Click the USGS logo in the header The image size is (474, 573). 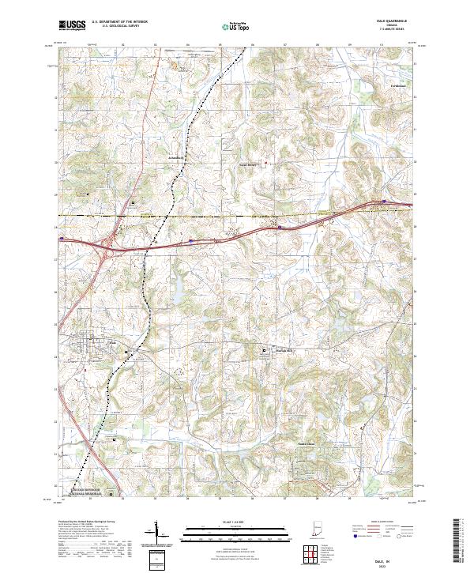(72, 25)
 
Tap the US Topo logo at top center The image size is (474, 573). (235, 26)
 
